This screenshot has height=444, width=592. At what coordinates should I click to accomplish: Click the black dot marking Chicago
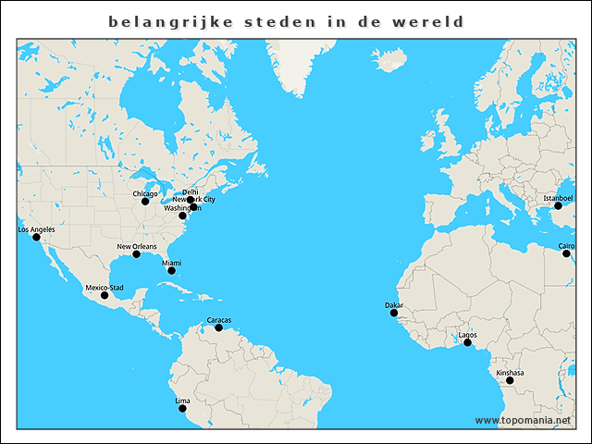[145, 202]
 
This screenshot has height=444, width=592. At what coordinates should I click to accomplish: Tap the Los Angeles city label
[36, 229]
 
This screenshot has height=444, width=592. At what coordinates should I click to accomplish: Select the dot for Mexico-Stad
[105, 295]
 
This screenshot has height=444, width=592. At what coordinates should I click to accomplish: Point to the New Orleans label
[136, 246]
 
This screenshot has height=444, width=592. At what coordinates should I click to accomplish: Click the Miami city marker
[171, 270]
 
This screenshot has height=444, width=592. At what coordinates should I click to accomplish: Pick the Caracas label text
[219, 320]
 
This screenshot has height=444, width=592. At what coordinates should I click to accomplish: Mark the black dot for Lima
[182, 408]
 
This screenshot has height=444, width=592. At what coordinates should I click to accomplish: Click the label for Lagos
[468, 334]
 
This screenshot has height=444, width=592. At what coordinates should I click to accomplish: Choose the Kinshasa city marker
[510, 380]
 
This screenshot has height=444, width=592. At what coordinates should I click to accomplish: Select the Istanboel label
[558, 198]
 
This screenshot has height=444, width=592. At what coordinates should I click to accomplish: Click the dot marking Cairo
[566, 253]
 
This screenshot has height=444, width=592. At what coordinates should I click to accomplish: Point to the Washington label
[183, 208]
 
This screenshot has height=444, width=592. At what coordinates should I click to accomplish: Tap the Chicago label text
[145, 193]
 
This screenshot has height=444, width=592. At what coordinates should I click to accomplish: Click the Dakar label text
[394, 304]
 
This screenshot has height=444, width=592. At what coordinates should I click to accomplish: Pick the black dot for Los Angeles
[36, 238]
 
